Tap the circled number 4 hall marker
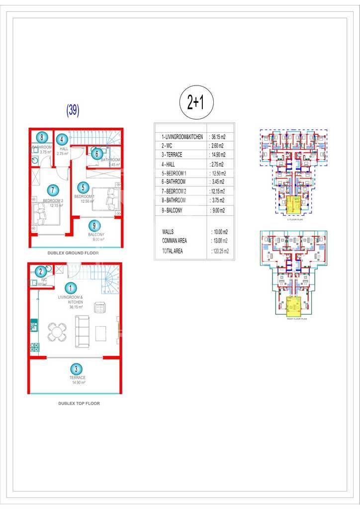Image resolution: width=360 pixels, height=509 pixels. coord(62,140)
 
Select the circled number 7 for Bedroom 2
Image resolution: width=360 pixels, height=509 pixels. coord(51,190)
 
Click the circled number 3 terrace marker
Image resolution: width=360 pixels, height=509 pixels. coord(76,369)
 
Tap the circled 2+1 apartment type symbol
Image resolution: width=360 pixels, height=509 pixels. coord(196,102)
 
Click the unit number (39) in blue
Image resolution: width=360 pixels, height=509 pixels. coord(73,110)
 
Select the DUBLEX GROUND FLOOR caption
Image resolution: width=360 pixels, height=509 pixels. coord(73,253)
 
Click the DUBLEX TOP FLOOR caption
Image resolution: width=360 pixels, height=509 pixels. coord(79,404)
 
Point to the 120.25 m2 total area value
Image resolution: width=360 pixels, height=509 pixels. coord(220,252)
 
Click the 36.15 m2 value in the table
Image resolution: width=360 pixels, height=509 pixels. coord(218,137)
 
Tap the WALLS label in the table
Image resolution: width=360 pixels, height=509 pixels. coord(168,232)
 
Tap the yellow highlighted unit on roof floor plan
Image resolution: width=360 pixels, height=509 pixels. coord(294,305)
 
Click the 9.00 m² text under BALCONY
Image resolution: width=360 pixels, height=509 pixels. coord(98,240)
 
